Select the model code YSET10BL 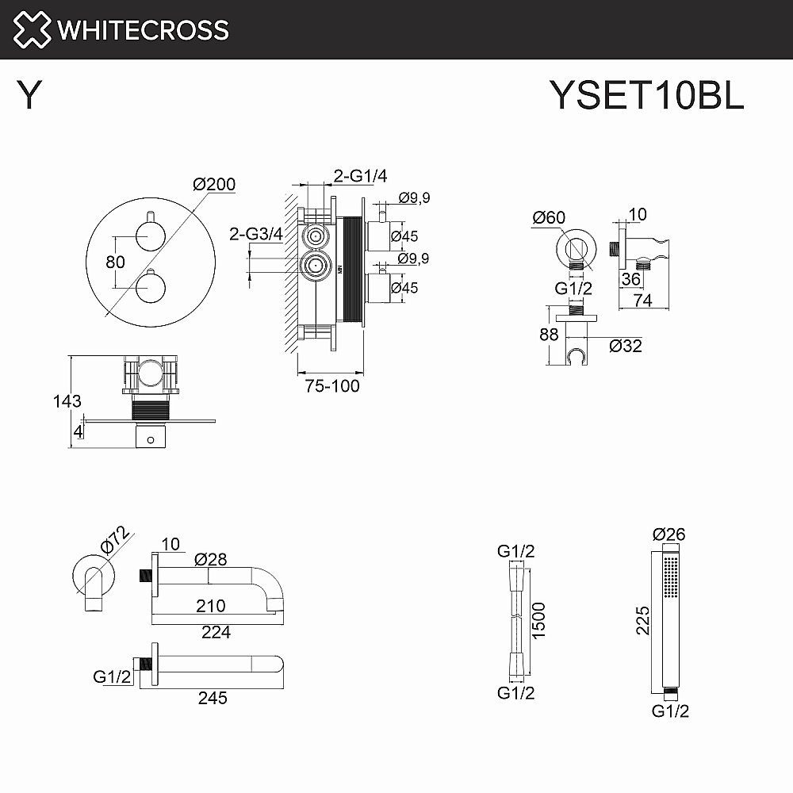[646, 97]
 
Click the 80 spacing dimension [115, 260]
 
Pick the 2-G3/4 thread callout [255, 233]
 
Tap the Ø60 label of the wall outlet [549, 216]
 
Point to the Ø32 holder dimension [626, 346]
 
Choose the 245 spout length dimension [213, 698]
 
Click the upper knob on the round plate [149, 235]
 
